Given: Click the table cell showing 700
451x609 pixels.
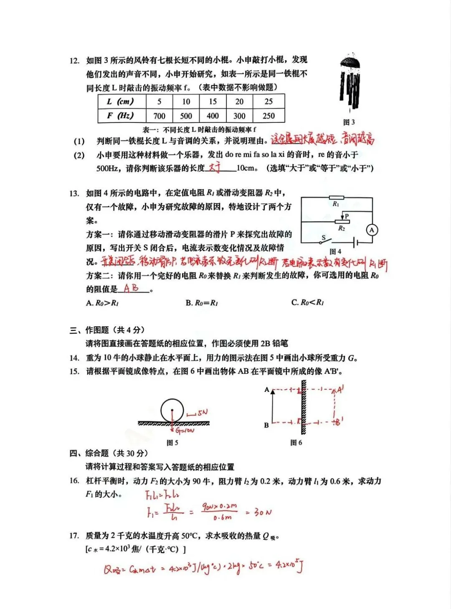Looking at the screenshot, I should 159,116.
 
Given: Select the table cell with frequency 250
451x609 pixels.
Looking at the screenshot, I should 269,116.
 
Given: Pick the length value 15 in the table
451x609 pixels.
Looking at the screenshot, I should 213,101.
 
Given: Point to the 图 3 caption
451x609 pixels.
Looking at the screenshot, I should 349,122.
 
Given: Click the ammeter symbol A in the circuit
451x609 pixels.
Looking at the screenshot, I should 372,230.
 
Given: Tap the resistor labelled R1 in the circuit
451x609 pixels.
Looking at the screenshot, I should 336,198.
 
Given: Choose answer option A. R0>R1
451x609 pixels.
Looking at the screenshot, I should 102,303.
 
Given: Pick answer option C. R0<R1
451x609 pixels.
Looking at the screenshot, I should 307,302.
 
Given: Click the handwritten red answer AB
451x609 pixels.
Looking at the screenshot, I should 131,288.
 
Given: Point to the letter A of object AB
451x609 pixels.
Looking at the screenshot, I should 266,390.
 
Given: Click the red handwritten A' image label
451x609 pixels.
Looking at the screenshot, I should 340,390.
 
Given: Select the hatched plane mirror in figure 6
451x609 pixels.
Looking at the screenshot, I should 304,407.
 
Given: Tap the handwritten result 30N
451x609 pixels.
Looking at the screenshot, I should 263,512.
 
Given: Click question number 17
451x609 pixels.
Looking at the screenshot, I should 74,536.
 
